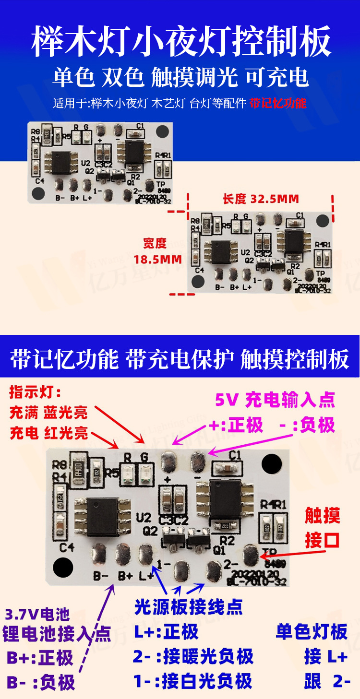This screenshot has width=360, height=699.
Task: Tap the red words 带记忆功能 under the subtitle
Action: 278,103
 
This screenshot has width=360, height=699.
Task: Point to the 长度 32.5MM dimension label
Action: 261,199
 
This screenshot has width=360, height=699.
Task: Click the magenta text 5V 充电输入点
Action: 275,399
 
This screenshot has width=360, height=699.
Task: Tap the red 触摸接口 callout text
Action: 323,528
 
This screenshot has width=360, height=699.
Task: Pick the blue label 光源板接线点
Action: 189,607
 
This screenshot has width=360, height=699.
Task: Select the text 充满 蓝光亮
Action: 49,412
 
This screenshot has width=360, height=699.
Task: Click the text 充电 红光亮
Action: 49,433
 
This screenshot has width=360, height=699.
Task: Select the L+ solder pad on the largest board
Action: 146,555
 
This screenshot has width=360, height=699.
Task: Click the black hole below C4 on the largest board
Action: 63,568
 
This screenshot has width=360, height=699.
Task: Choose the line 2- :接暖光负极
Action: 193,656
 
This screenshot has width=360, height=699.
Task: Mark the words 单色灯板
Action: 311,631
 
